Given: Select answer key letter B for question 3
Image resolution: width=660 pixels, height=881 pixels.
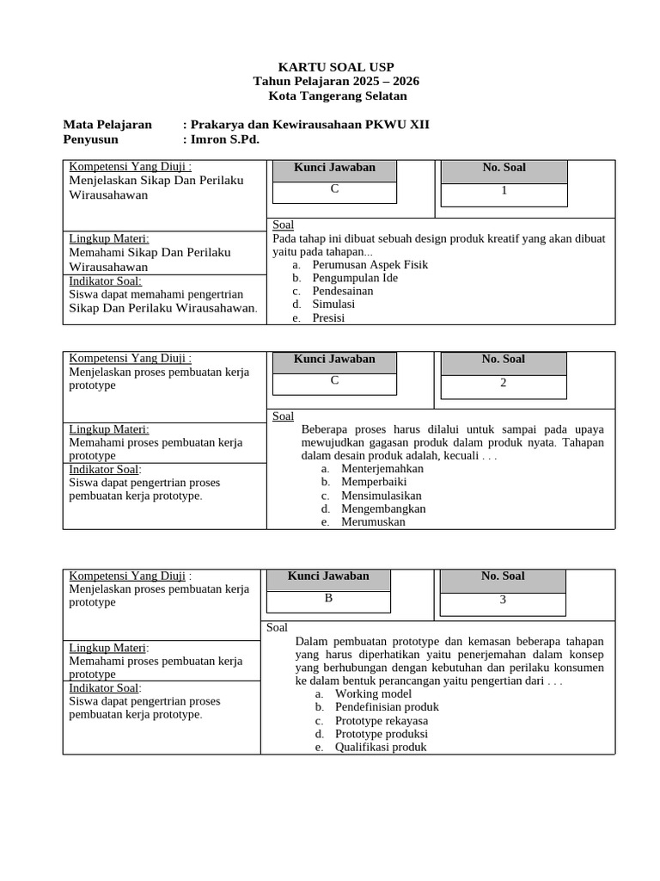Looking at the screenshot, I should point(327,598).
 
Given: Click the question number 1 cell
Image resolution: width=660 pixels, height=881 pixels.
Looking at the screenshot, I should point(504,191).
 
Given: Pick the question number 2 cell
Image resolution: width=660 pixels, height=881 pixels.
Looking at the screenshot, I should point(504,383).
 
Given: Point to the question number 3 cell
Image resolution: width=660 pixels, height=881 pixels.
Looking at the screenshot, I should point(503,600).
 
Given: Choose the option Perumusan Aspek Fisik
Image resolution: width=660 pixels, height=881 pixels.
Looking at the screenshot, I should point(370,265).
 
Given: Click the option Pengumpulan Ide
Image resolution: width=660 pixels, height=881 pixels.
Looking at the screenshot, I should point(355,278).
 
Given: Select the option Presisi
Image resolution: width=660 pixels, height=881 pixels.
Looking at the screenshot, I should point(328,317).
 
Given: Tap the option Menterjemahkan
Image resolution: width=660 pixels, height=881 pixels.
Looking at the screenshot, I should point(382,469).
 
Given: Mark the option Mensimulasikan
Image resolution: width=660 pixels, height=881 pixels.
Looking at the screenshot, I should point(382,496).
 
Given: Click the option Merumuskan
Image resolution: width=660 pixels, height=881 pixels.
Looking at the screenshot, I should point(373,521).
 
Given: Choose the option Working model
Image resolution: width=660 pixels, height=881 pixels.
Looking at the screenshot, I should point(373,693).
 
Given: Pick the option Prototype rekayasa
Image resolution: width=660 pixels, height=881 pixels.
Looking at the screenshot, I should point(382,720).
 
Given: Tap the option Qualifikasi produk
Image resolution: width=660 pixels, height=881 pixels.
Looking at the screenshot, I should point(381,747).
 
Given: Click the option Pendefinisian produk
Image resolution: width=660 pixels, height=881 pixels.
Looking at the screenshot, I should point(387,707).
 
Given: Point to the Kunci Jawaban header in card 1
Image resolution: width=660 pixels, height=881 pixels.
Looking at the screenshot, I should point(334,168).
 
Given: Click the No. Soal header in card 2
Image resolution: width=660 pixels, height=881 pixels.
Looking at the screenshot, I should point(504,360).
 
